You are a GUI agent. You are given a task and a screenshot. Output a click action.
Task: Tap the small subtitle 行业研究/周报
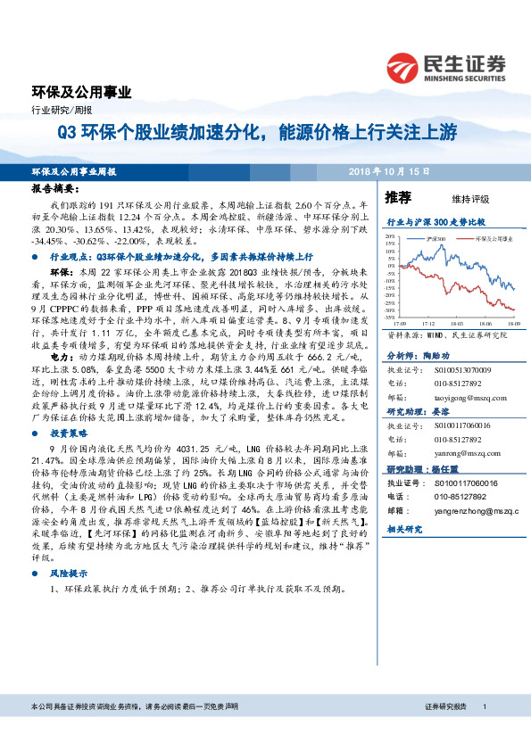click(x=55, y=110)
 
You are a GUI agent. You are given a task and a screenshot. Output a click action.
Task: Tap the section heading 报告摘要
click(x=55, y=190)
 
